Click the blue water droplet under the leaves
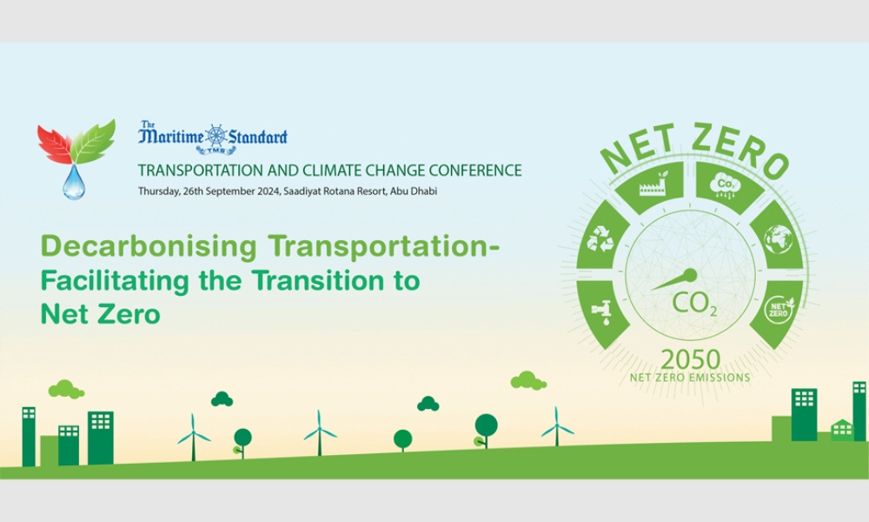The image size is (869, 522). pyautogui.click(x=74, y=182)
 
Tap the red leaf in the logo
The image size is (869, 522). pyautogui.click(x=56, y=144)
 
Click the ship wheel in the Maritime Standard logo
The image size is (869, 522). pyautogui.click(x=216, y=137)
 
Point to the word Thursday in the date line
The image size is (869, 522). pyautogui.click(x=158, y=191)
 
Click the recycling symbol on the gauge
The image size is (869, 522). pyautogui.click(x=600, y=238)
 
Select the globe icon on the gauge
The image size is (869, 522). pyautogui.click(x=779, y=239)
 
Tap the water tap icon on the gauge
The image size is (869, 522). pyautogui.click(x=601, y=311)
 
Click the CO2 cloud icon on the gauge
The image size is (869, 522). pyautogui.click(x=726, y=185)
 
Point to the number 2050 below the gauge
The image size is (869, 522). pyautogui.click(x=691, y=360)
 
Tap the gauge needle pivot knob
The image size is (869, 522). pyautogui.click(x=690, y=275)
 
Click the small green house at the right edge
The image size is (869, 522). pyautogui.click(x=842, y=430)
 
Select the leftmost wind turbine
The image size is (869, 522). pyautogui.click(x=194, y=437)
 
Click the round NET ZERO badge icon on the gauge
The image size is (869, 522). pyautogui.click(x=779, y=310)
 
